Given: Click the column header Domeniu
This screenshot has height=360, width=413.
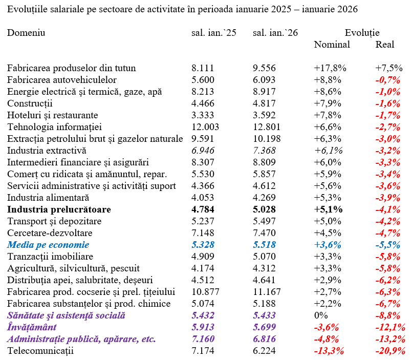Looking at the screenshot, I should [x=26, y=33].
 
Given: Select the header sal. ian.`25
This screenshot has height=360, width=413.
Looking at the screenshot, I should [x=214, y=33].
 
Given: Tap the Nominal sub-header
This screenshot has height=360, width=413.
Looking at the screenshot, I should [x=332, y=45].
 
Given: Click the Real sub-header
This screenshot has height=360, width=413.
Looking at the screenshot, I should [x=385, y=45].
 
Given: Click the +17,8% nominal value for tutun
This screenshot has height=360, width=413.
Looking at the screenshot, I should [x=330, y=68].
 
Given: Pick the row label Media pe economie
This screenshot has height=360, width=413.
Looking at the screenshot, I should [x=48, y=245].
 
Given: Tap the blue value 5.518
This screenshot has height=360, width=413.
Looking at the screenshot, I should [x=265, y=245].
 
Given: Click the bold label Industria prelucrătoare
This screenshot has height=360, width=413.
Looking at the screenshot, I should [x=59, y=209].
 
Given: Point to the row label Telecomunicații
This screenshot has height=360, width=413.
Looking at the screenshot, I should [x=40, y=351].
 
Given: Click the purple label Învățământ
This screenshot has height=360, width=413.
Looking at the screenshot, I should [x=32, y=327].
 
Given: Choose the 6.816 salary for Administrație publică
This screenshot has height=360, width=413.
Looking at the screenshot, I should [x=265, y=339].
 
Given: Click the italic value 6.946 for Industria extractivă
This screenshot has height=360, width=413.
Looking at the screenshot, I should [x=203, y=151].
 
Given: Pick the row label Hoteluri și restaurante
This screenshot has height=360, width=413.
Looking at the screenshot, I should [x=52, y=115].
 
